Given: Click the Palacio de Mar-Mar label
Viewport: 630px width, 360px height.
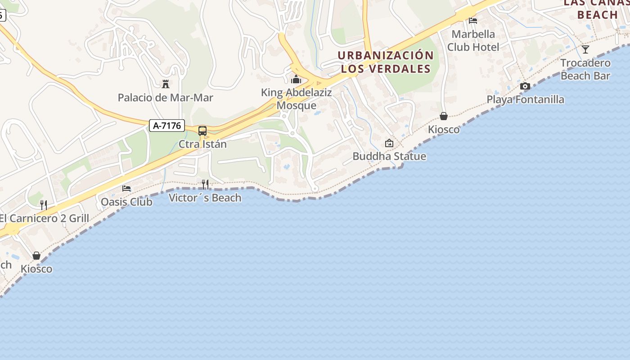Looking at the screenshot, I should pos(165,98).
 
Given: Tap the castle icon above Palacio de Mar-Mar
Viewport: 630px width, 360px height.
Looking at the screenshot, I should pos(165,84).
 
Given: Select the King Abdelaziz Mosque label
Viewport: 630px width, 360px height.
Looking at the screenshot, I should pos(297,99).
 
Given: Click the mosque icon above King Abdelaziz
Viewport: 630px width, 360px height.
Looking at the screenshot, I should pos(296,80).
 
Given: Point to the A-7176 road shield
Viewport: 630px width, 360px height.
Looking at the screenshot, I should pos(167,126).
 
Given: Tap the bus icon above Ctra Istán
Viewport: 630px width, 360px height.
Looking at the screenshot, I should pos(202,131).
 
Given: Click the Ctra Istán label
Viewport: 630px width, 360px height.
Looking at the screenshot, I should pos(202,144).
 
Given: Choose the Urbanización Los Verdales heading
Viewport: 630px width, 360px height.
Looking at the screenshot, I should pos(386,62).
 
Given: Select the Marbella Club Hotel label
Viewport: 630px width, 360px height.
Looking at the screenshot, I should pos(473,40).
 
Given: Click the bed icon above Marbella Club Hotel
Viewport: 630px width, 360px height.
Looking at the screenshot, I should pos(473,20).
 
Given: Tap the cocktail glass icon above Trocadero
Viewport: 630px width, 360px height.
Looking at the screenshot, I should pos(585,49).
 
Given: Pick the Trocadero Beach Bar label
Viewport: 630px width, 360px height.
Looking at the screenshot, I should pos(585,69).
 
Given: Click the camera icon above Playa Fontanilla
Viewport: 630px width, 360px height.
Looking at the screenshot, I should pos(525,86).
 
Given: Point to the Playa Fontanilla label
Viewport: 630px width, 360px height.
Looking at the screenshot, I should pos(525,99).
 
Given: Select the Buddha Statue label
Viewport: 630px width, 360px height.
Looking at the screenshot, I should pos(389,156).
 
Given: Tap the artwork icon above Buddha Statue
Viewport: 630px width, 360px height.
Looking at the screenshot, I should pos(389,143).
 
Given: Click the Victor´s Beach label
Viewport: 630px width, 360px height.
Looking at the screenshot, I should pos(205,198).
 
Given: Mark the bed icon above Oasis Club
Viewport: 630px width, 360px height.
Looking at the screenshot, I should pos(126,188).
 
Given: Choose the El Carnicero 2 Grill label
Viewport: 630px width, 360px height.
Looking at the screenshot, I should pos(45,219).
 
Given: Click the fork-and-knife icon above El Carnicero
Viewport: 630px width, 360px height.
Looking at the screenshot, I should pos(44,205).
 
